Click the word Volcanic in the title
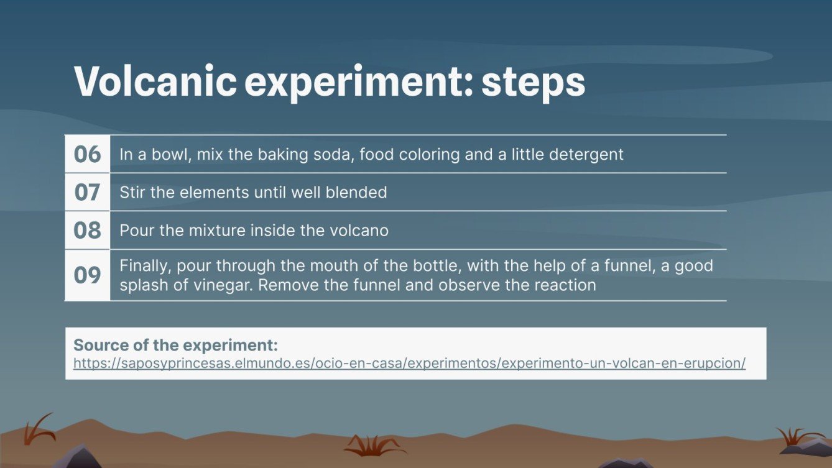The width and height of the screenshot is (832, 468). tap(155, 82)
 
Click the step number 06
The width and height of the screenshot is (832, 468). tap(87, 154)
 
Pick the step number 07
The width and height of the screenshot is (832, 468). tap(87, 192)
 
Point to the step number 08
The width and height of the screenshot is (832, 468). tap(87, 231)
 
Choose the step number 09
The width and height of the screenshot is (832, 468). tap(87, 275)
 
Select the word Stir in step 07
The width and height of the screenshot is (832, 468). tap(132, 192)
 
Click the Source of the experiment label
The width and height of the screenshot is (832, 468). tap(175, 345)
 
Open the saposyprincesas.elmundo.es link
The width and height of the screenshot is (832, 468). tap(409, 363)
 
